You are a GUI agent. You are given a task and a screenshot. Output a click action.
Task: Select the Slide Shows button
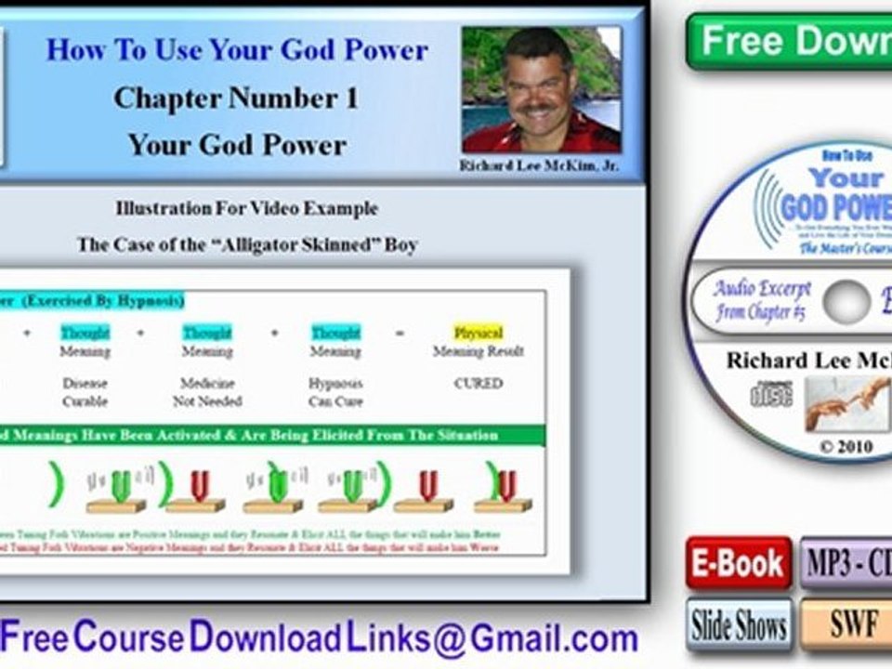tap(739, 624)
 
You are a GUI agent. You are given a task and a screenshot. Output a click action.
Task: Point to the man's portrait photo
tap(542, 89)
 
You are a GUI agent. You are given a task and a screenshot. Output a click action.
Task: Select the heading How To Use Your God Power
tap(237, 49)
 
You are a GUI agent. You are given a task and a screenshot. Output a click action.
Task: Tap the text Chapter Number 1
tap(236, 98)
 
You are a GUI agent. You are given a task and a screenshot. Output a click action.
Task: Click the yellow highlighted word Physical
tap(478, 333)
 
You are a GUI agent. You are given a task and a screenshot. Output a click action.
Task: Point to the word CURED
tap(478, 383)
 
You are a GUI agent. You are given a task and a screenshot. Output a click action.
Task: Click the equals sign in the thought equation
tap(400, 333)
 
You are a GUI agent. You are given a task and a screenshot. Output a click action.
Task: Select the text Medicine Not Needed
tap(207, 392)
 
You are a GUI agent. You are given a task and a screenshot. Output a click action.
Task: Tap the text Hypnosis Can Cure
tap(335, 392)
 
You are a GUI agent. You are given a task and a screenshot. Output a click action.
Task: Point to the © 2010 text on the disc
tap(846, 447)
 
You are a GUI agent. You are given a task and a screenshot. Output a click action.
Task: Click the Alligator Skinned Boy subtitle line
tap(247, 245)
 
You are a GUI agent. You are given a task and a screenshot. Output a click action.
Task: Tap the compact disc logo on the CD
tap(771, 395)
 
